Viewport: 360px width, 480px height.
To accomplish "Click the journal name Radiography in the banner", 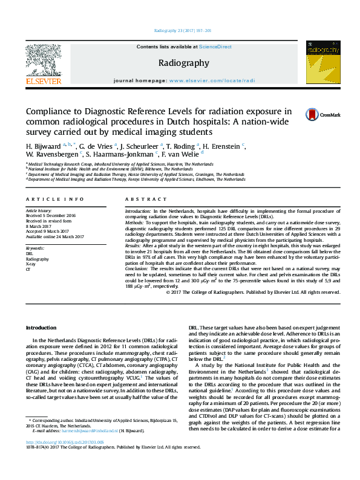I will tap(184, 63).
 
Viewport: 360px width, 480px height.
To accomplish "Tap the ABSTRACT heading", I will tap(140, 199).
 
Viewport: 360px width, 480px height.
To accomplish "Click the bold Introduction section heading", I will tap(41, 327).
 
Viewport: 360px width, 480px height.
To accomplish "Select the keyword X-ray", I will tap(30, 264).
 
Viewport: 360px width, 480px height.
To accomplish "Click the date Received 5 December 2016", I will tap(50, 215).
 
